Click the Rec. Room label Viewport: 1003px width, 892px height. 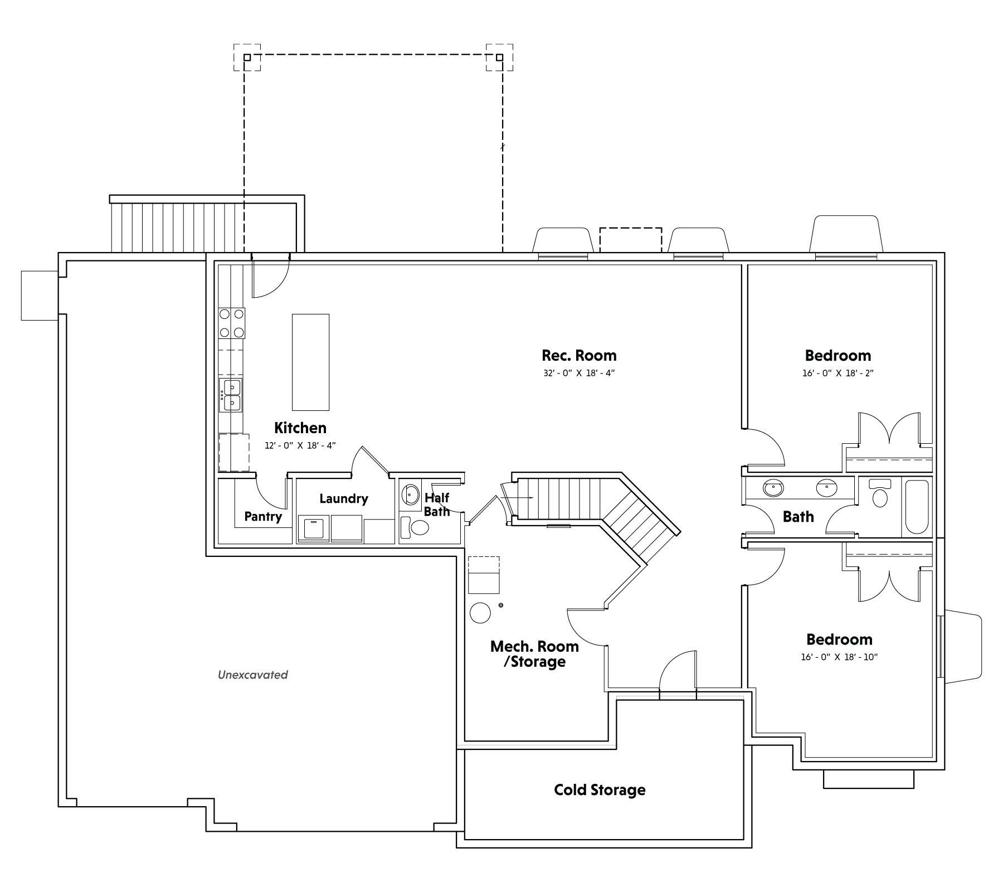coord(579,356)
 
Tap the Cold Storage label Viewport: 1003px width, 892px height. coord(600,790)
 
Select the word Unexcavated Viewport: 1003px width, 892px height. coord(252,675)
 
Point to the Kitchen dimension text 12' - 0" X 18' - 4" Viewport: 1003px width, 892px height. coord(300,445)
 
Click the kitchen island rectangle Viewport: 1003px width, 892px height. coord(310,362)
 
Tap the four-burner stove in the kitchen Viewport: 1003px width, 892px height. coord(232,323)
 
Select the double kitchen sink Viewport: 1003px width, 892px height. coord(231,395)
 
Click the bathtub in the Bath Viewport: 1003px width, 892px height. coord(916,507)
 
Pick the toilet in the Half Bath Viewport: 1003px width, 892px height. coord(415,527)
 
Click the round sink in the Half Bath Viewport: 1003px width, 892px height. coord(411,494)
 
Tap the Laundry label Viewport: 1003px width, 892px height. coord(344,498)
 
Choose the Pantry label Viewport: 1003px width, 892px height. coord(263,517)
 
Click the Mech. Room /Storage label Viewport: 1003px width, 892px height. coord(534,654)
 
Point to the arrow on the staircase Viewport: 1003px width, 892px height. coord(518,497)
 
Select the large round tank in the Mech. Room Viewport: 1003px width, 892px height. coord(480,613)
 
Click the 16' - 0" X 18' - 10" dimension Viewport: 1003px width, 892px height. coord(839,657)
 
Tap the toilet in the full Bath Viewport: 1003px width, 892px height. coord(880,493)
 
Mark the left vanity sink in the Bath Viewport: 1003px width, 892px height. coord(773,488)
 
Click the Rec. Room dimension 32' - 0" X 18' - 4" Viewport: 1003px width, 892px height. coord(579,373)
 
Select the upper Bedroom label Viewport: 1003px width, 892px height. coord(838,356)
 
